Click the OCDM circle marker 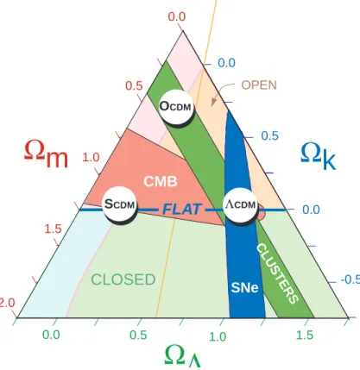[x=175, y=107]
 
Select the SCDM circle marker [x=120, y=204]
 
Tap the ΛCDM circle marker [x=241, y=204]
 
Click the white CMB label [x=161, y=181]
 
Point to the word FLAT [x=181, y=210]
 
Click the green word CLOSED [x=123, y=279]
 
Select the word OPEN [x=259, y=85]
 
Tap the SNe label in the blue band [x=244, y=287]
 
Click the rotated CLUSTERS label [x=277, y=273]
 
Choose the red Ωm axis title [x=46, y=153]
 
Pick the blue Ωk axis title [x=318, y=155]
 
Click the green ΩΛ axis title [x=182, y=355]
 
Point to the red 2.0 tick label [x=7, y=303]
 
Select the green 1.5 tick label [x=305, y=335]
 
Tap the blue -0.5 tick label [x=351, y=279]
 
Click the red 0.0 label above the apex [x=177, y=16]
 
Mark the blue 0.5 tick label [x=270, y=135]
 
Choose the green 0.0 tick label [x=51, y=335]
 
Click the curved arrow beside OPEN [x=222, y=91]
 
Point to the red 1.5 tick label [x=54, y=229]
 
